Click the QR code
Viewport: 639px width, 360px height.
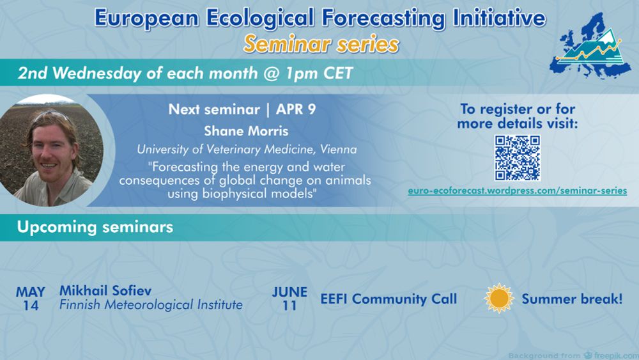[518, 158]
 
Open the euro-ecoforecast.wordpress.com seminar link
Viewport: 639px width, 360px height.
[518, 191]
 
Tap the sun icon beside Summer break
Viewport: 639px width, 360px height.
[499, 299]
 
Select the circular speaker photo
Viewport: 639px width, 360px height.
[52, 151]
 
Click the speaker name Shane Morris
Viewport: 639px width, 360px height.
[246, 131]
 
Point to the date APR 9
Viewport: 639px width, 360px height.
[296, 109]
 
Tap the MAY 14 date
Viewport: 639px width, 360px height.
[31, 299]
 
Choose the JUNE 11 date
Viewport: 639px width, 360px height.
[289, 299]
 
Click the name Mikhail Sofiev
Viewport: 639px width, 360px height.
[105, 291]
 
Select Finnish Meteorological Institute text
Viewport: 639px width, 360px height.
[151, 305]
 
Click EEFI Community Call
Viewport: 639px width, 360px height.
[389, 299]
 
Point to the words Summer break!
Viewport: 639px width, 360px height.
[572, 299]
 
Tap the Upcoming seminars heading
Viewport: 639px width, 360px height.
[95, 227]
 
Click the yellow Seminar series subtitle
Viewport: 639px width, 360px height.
[321, 44]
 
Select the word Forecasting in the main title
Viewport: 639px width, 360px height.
[382, 19]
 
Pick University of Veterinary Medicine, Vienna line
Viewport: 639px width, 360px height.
[247, 150]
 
